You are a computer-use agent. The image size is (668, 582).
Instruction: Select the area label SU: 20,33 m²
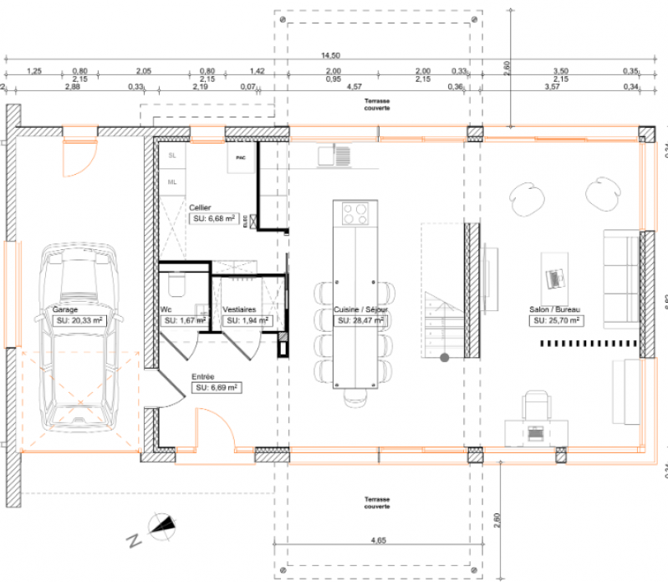(79, 320)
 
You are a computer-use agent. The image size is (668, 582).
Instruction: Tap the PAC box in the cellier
(241, 157)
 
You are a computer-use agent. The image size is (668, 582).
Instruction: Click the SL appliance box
(172, 156)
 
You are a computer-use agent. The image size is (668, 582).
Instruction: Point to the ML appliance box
(172, 181)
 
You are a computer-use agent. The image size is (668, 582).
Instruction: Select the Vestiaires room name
(239, 309)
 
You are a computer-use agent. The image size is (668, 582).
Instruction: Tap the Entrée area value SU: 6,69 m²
(217, 388)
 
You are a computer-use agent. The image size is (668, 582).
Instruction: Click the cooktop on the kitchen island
(354, 214)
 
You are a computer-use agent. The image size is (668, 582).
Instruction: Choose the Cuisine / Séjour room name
(359, 309)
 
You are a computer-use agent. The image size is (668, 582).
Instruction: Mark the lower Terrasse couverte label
(377, 503)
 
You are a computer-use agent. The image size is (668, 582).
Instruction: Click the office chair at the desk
(535, 407)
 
